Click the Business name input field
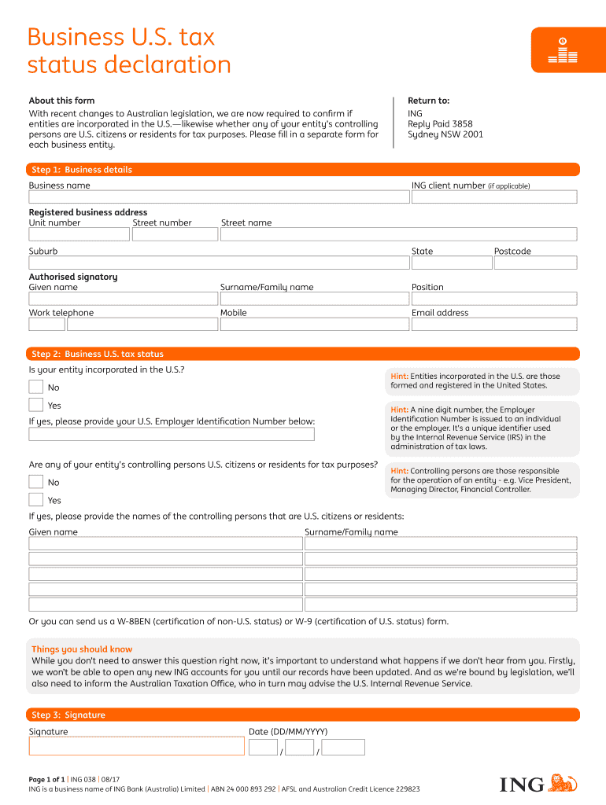point(218,197)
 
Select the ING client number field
point(493,197)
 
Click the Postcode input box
point(535,262)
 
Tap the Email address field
point(493,324)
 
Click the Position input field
point(493,299)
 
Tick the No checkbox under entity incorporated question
point(36,387)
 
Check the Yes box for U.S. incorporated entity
point(36,405)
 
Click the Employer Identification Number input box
point(172,434)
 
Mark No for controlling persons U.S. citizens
point(36,482)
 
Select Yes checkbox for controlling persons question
point(36,500)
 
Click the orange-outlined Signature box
point(136,746)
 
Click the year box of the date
point(343,748)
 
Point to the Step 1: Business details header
point(82,170)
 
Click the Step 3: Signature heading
point(68,715)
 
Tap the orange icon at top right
point(563,50)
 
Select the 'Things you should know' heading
point(82,649)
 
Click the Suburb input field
point(218,262)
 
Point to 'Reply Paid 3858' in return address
point(440,124)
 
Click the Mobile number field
point(313,324)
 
